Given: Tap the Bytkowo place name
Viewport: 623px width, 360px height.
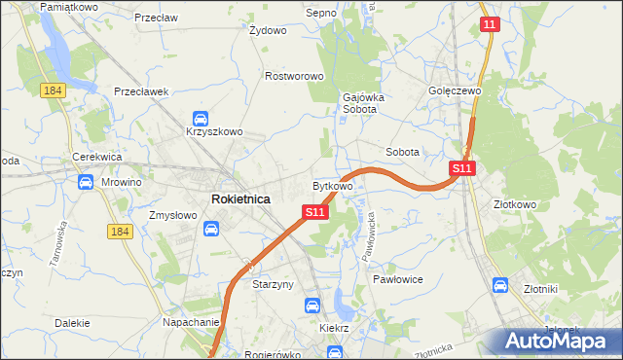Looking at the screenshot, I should click(332, 185).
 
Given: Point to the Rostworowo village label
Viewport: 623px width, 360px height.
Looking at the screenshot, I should click(294, 76).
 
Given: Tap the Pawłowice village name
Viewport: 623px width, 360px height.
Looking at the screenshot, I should click(397, 278).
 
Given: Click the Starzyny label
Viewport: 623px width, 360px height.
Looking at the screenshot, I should click(274, 285).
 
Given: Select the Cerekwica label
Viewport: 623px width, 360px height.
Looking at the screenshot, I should click(95, 157).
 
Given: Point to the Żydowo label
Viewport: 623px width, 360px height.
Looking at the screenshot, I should click(268, 30).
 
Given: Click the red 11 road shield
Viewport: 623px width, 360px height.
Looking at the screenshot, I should click(490, 24).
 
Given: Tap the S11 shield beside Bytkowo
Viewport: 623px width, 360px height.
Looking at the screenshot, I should click(313, 211).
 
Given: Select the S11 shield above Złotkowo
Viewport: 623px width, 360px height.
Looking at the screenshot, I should click(462, 168).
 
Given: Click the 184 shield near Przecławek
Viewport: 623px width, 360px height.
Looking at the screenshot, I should click(53, 90).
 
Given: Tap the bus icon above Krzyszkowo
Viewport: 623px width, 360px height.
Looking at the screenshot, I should click(201, 117).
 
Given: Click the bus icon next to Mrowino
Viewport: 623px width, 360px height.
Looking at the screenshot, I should click(85, 182).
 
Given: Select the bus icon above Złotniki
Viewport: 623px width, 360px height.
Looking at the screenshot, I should click(500, 285).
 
